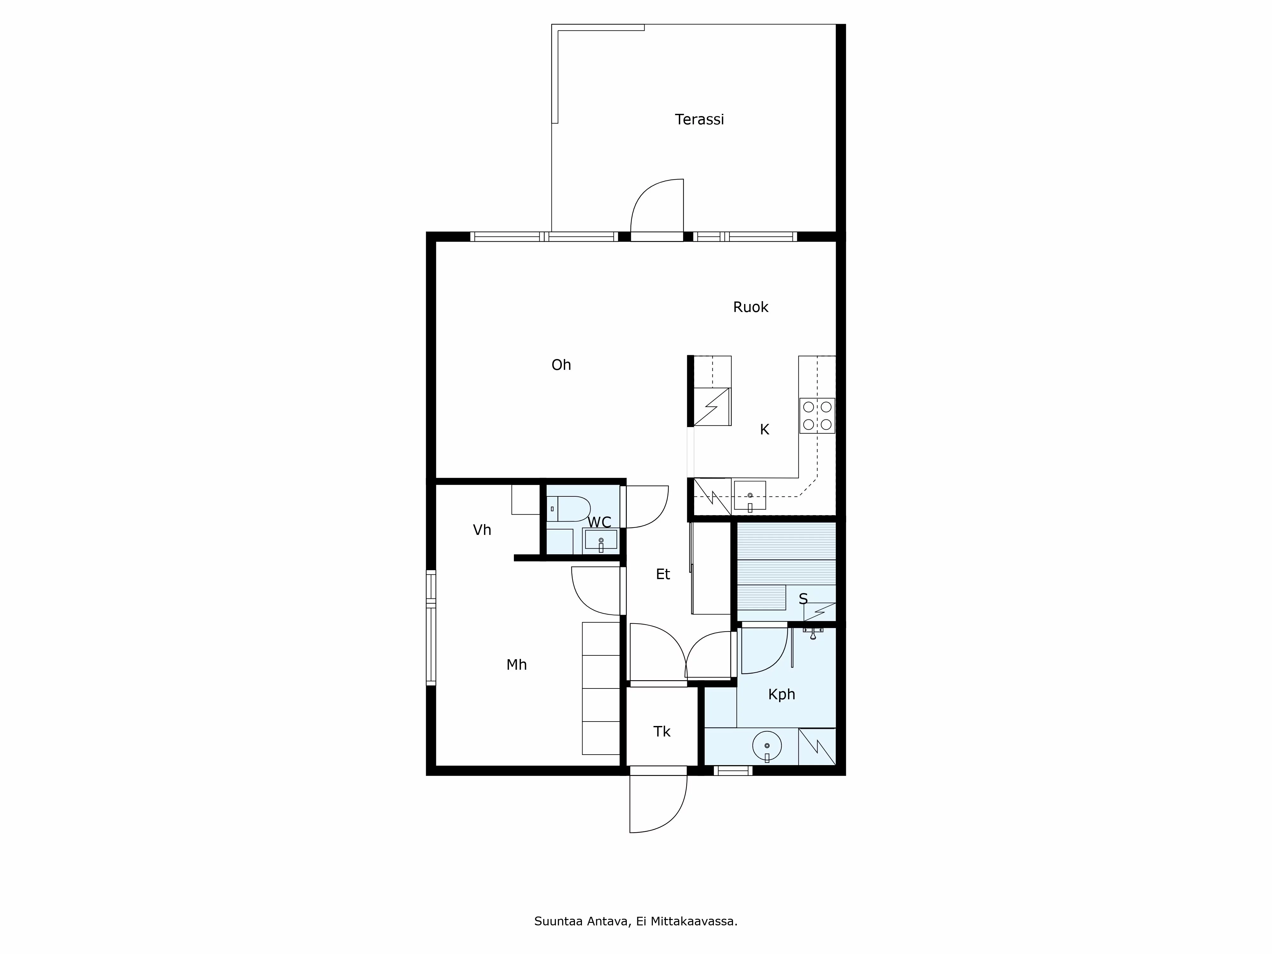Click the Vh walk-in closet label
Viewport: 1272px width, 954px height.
481,529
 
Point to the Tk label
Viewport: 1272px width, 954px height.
661,731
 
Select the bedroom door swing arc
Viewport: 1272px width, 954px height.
590,595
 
